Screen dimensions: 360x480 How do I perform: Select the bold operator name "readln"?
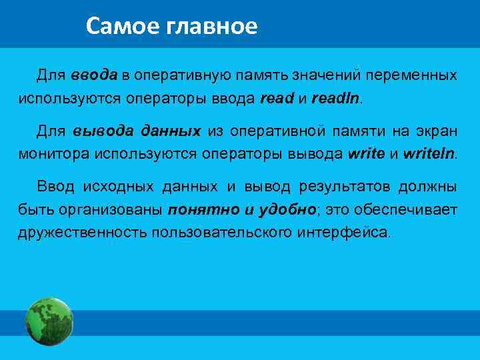coord(335,99)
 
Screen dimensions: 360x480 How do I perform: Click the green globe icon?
coord(49,321)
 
